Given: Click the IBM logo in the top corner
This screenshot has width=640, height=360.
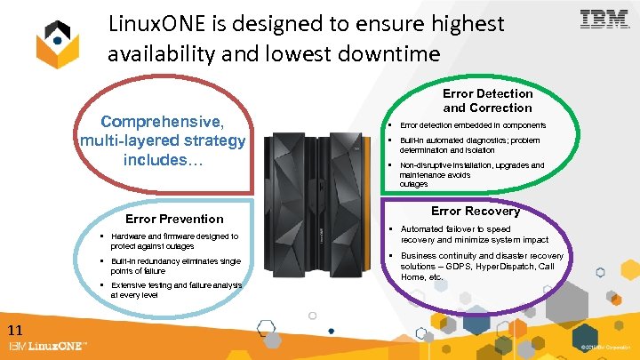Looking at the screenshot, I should tap(604, 20).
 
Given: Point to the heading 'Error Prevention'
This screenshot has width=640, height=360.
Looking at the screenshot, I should tap(175, 219).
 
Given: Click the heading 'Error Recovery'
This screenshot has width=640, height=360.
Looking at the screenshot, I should tap(475, 211).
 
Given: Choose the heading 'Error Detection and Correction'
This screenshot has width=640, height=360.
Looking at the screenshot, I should tap(487, 100).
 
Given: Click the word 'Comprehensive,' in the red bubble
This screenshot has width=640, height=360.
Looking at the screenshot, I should tap(162, 121).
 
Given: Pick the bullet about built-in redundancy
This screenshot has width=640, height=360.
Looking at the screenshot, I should tap(175, 266).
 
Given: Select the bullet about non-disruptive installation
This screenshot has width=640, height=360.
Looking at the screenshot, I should tap(471, 174).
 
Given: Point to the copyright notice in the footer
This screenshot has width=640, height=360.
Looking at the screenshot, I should tap(606, 347).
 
